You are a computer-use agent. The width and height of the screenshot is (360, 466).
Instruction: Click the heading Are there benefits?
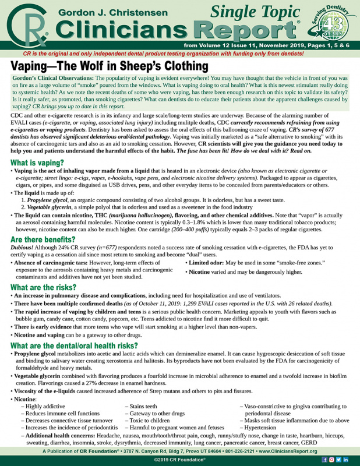[x=45, y=240]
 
